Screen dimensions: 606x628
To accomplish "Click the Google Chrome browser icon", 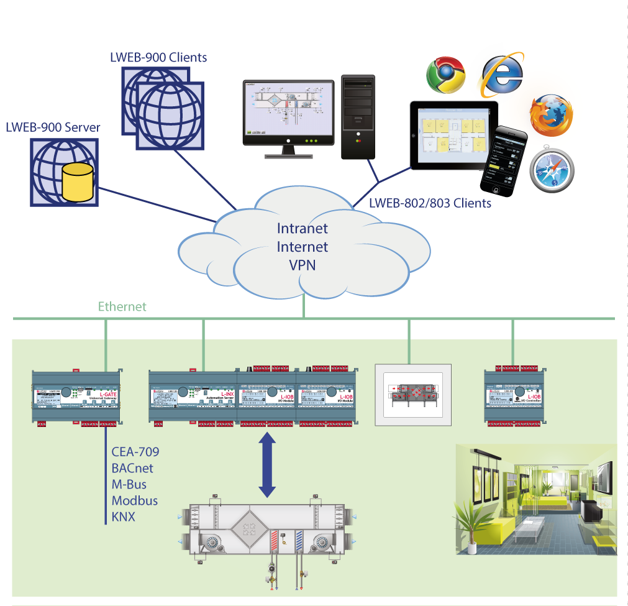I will [x=445, y=75].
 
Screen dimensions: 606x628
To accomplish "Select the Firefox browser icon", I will [x=550, y=116].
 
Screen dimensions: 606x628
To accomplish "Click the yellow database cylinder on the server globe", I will [x=77, y=182].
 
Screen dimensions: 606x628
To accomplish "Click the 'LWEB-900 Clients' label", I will [x=158, y=58].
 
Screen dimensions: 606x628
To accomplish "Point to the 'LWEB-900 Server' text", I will [x=53, y=128].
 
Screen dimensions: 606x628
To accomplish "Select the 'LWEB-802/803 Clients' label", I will [x=430, y=203].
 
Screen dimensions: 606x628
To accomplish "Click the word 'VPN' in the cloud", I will [x=303, y=265].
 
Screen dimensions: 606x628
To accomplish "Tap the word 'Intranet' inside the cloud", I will [x=303, y=228].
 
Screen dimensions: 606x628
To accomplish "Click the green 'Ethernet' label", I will [x=122, y=306].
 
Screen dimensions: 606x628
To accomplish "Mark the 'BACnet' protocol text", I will [x=132, y=468].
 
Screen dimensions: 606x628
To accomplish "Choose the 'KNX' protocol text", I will [x=124, y=516].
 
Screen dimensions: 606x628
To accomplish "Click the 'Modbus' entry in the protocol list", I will [x=135, y=500].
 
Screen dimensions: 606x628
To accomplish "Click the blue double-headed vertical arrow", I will [x=267, y=464].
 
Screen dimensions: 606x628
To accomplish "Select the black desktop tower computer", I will [x=358, y=116].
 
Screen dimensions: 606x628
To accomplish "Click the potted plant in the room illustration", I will [x=470, y=522].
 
